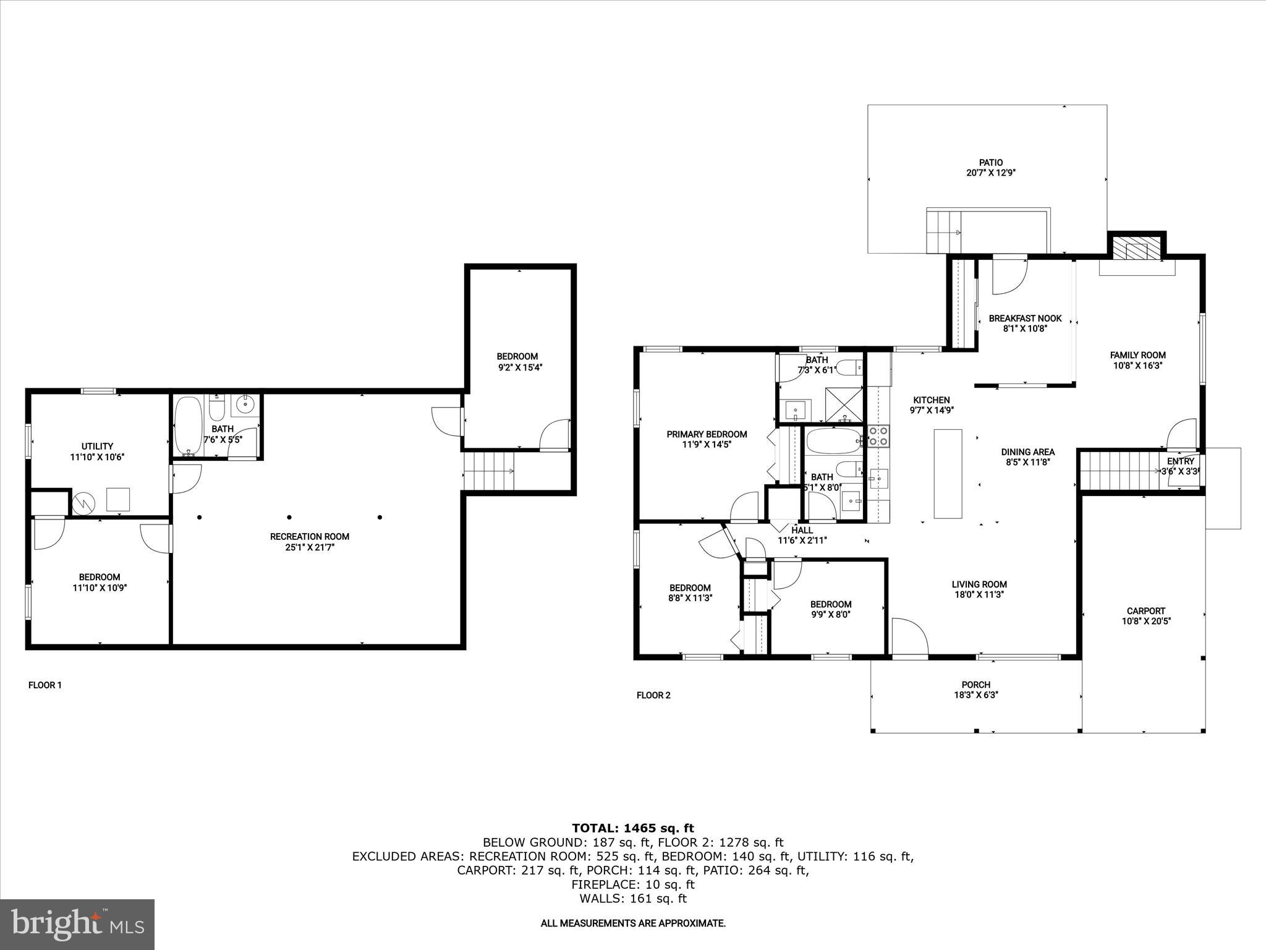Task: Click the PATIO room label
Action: (x=991, y=163)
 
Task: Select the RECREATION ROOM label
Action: (x=310, y=536)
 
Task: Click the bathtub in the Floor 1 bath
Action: (x=187, y=426)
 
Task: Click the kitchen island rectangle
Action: (x=948, y=474)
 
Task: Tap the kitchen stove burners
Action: (x=878, y=436)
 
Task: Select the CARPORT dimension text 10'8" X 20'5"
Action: (x=1146, y=621)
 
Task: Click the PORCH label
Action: (x=976, y=685)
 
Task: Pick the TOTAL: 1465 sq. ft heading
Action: (x=633, y=828)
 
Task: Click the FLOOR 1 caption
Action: (x=45, y=685)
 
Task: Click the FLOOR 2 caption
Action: (x=653, y=695)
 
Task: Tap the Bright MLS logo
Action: (x=77, y=924)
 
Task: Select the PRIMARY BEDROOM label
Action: (x=707, y=434)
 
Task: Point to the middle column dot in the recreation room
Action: (x=289, y=517)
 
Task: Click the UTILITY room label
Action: (x=97, y=446)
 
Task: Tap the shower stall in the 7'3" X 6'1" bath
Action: (x=844, y=404)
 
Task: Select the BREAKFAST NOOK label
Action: (x=1025, y=319)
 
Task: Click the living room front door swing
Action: (x=909, y=637)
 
